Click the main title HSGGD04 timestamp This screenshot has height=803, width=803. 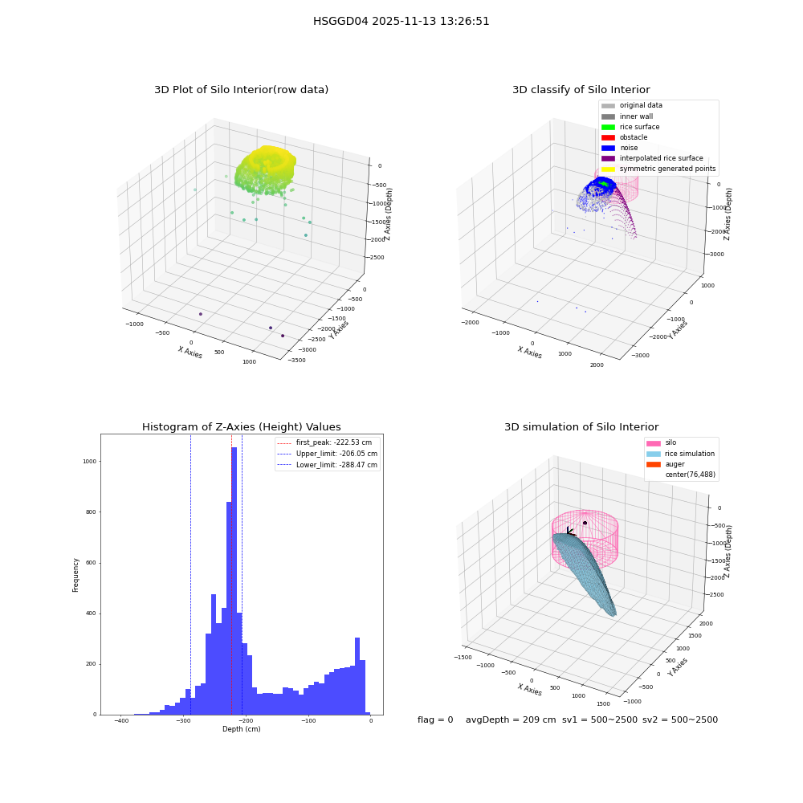pos(401,22)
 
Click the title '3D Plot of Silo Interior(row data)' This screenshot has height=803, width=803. pos(241,90)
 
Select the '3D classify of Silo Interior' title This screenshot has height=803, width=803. pos(581,90)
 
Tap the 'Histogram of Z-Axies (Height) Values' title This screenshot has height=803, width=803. pos(241,427)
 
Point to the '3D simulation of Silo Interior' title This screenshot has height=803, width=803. pos(581,427)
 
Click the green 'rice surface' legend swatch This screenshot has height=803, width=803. pos(608,127)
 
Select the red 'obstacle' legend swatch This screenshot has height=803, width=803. pos(608,137)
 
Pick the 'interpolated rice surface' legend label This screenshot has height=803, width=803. pos(661,158)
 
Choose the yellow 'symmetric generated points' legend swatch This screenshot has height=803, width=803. pos(608,169)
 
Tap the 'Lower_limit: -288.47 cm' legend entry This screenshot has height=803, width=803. pos(328,465)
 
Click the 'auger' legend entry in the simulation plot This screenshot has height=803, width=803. pos(665,464)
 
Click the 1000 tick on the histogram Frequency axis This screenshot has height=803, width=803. pos(90,462)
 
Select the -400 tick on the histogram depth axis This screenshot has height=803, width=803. pos(121,720)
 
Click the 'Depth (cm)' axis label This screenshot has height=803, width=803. pos(241,729)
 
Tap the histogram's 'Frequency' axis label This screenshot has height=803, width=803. pos(75,575)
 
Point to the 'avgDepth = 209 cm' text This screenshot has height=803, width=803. pos(511,720)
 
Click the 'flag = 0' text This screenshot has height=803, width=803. pos(435,720)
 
